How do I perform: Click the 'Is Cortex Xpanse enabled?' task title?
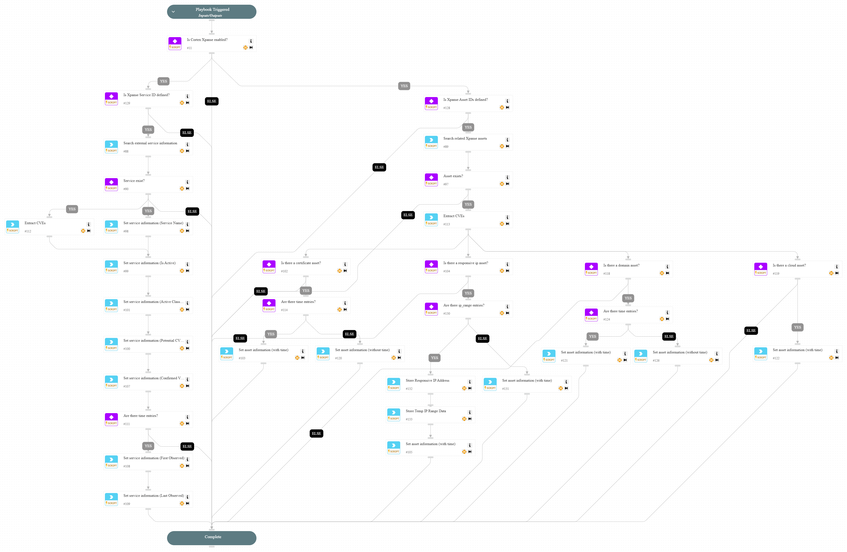pos(207,40)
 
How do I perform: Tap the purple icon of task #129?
pos(111,97)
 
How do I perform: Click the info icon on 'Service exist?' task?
pos(188,182)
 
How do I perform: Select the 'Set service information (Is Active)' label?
pos(149,263)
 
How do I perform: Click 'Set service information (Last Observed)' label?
pos(154,496)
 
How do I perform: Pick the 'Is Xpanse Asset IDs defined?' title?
pos(465,100)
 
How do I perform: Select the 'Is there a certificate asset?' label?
pos(301,263)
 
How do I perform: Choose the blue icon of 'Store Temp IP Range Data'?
pos(394,413)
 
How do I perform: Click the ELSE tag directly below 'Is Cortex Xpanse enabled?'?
pos(212,101)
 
